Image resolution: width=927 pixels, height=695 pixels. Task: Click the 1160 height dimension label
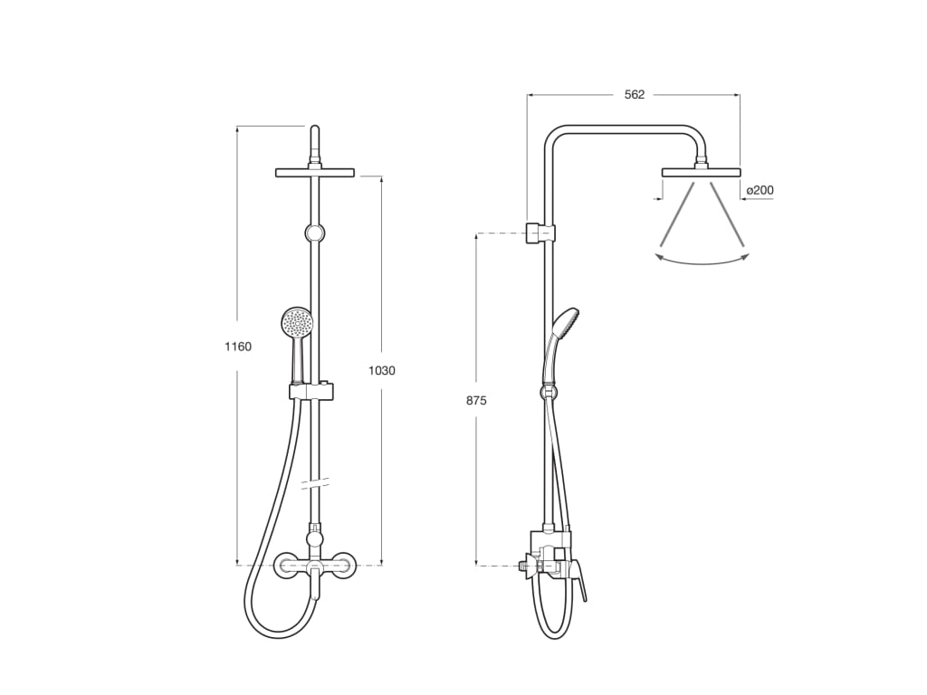click(238, 346)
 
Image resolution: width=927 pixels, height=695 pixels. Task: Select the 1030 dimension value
click(381, 370)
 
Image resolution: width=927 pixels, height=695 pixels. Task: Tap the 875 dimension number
click(476, 400)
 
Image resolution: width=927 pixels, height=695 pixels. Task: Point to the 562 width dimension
click(635, 94)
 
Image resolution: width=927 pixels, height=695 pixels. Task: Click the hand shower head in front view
click(296, 321)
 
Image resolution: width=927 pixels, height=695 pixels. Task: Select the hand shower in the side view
click(563, 321)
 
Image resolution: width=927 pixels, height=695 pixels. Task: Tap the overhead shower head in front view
click(314, 172)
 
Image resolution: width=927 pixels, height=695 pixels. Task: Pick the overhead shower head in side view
click(701, 172)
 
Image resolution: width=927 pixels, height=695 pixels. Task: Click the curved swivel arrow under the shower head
click(702, 262)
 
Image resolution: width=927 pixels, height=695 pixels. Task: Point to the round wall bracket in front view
click(314, 233)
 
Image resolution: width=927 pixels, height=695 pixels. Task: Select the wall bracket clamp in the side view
click(540, 233)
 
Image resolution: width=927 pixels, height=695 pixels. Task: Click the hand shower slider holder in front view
click(311, 391)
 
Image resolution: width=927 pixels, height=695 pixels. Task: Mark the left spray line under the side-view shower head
click(678, 214)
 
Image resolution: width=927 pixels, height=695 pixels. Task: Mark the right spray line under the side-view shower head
click(727, 214)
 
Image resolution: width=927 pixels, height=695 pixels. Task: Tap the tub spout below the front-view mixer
click(314, 586)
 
